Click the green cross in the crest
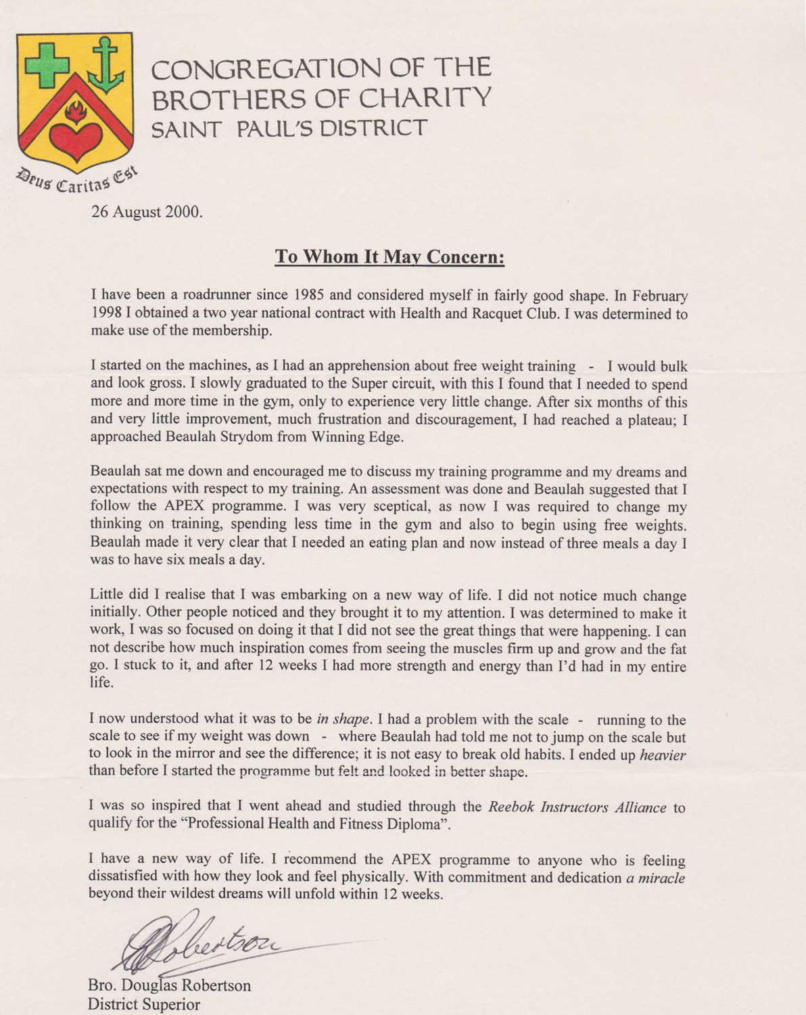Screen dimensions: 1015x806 [47, 64]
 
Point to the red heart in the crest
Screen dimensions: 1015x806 [75, 139]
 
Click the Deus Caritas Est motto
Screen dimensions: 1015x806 [76, 179]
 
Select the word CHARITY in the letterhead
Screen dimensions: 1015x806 [425, 99]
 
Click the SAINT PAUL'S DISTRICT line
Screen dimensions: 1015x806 [289, 129]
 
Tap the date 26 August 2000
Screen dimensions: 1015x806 [147, 212]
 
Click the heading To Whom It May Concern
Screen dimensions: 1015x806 [389, 257]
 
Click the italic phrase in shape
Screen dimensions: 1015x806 [343, 719]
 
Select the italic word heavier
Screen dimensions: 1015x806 [662, 754]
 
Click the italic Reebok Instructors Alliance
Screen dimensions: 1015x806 [577, 807]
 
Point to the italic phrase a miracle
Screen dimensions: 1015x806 [654, 878]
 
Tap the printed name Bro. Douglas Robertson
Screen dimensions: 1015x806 [169, 985]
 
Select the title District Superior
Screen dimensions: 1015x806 [144, 1004]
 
